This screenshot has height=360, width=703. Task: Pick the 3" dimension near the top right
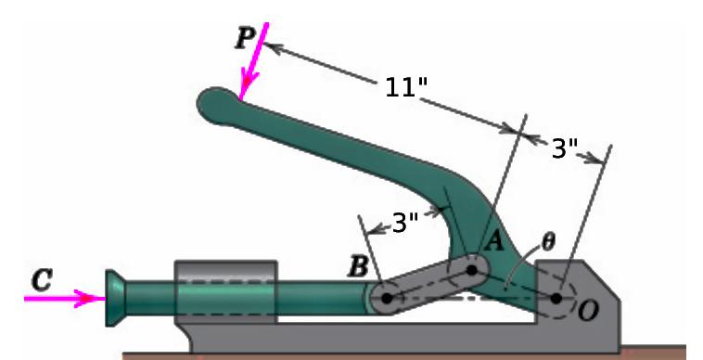564,148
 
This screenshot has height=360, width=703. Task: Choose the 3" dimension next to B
404,223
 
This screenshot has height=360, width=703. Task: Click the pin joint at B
387,298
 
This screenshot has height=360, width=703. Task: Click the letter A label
494,241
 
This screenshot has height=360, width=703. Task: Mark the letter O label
587,312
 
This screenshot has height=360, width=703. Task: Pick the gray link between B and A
428,285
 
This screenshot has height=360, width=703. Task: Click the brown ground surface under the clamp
371,354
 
